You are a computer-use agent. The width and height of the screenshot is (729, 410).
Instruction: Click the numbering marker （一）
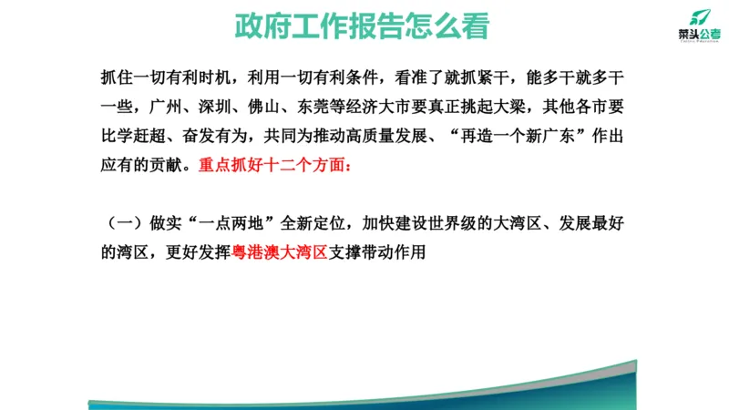[121, 223]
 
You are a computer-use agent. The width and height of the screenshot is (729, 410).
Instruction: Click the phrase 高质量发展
[398, 137]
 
